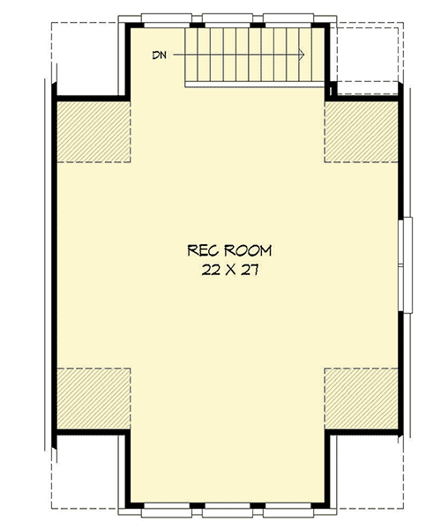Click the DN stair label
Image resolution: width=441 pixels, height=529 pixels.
click(159, 56)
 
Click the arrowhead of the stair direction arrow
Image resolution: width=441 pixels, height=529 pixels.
click(302, 56)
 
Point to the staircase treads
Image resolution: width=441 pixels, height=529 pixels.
click(248, 55)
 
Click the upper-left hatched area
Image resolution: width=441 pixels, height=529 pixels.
click(93, 131)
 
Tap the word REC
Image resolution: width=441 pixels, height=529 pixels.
click(200, 250)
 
